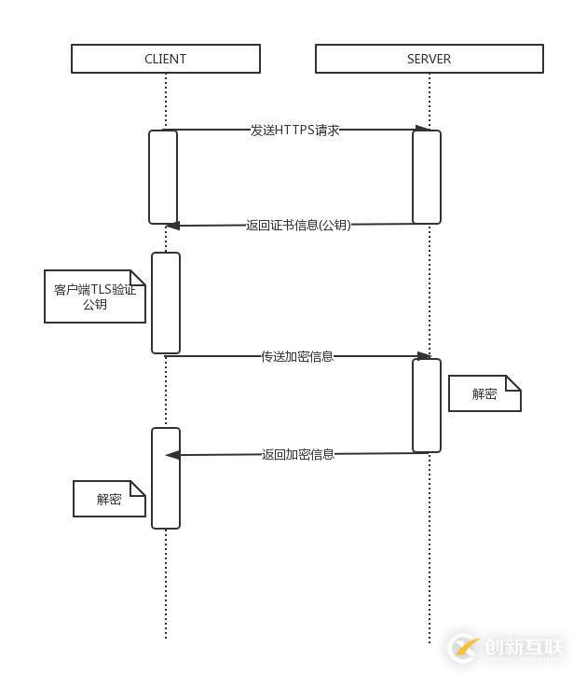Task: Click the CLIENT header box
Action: point(165,59)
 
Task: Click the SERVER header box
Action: point(429,59)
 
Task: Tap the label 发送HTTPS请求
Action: point(294,130)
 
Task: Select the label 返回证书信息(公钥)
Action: point(298,225)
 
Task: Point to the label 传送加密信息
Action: point(297,356)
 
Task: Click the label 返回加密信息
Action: point(298,454)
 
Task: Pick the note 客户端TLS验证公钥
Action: point(95,296)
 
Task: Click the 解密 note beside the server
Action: point(484,393)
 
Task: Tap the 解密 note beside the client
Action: point(109,499)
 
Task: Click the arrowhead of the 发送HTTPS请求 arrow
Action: point(423,129)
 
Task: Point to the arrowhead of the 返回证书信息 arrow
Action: point(172,226)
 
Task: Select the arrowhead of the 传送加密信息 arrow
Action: point(424,356)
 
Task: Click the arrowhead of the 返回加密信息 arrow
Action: point(172,455)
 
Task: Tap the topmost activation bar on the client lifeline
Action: point(163,177)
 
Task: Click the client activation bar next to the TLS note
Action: point(166,303)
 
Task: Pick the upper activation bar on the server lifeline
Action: point(427,177)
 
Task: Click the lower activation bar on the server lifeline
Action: point(427,405)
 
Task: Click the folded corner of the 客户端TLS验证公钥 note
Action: point(138,278)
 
